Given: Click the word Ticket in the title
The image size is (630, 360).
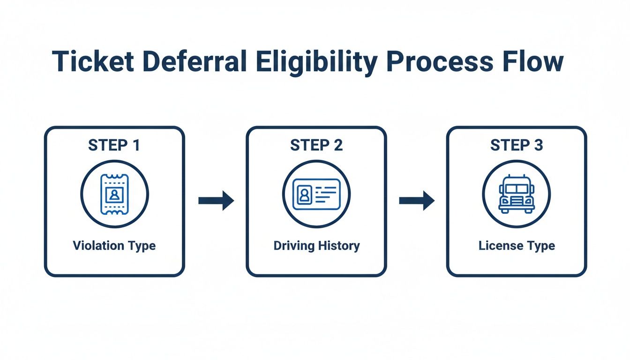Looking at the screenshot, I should (93, 62).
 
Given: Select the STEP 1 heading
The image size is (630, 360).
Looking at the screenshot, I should (114, 145).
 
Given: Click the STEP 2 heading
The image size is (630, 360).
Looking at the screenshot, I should (316, 145).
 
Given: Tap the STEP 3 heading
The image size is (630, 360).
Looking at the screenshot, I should (517, 145).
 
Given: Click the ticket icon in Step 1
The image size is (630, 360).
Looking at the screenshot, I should (114, 194).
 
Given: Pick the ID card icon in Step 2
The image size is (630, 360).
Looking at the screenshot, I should (316, 194).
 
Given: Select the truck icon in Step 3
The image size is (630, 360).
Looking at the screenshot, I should (517, 194).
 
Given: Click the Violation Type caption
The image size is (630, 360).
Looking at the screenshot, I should (114, 246).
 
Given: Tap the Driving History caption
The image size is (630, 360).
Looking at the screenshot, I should (316, 246).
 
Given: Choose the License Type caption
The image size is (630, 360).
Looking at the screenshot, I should (517, 246).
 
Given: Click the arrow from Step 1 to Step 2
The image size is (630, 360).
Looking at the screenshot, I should (216, 201).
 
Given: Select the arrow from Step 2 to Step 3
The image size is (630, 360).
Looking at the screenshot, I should (417, 201).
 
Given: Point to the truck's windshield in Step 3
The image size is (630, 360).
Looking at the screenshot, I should (517, 188).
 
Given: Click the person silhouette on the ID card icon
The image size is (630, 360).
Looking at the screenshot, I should (304, 194).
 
